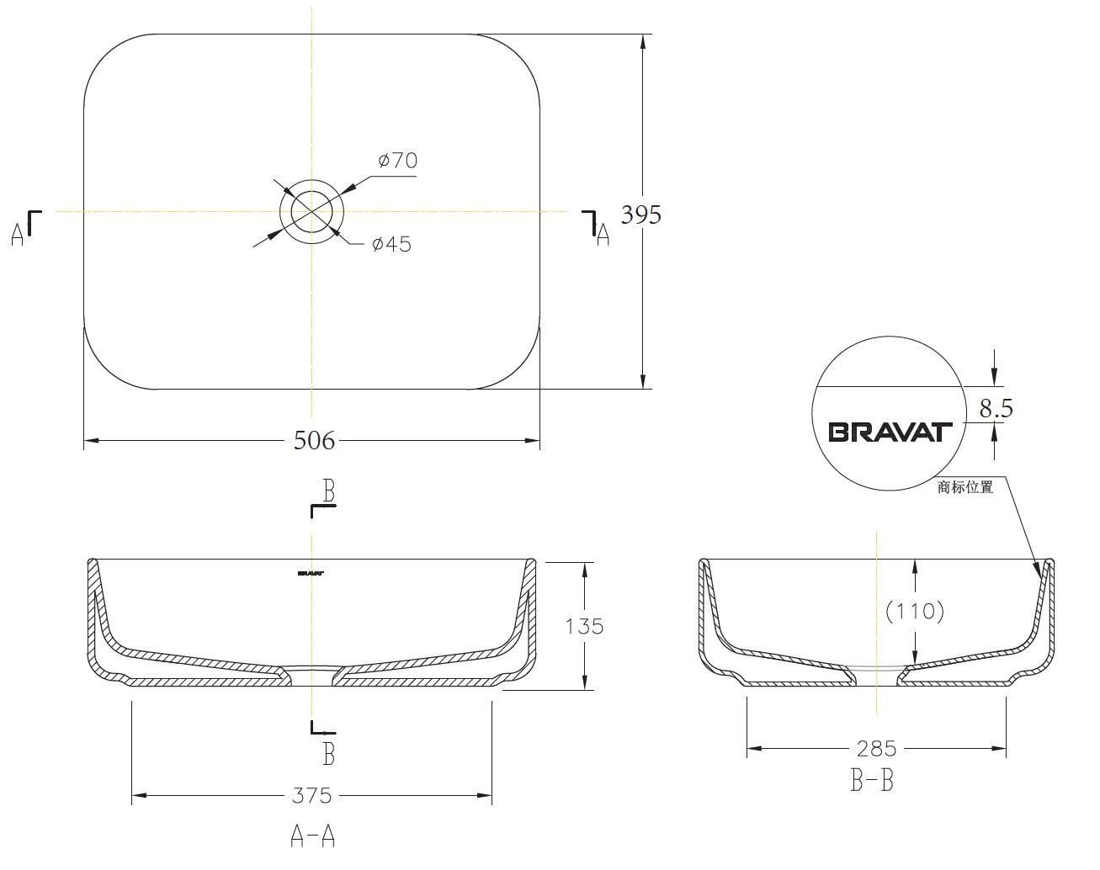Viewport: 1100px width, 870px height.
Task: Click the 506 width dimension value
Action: (314, 440)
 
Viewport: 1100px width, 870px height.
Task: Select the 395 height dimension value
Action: (640, 215)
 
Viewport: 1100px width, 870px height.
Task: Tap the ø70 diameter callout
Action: (397, 160)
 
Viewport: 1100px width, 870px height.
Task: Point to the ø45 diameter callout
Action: (391, 244)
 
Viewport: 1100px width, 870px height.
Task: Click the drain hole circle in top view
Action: (312, 210)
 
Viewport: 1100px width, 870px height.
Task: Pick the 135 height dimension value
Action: (584, 626)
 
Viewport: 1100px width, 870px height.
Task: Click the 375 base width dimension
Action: (312, 795)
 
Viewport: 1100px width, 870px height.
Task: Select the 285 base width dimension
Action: (876, 748)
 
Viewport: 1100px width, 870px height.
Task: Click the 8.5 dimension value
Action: (996, 409)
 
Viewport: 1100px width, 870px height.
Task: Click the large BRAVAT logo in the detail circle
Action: (890, 432)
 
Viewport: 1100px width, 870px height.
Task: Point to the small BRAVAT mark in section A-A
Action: (311, 575)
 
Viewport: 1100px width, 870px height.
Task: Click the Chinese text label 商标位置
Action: (965, 487)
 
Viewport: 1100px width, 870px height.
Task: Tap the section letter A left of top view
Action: (18, 235)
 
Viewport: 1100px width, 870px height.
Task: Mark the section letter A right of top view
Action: (602, 235)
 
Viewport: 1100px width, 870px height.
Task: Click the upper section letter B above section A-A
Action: (329, 491)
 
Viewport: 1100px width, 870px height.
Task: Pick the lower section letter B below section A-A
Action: (329, 754)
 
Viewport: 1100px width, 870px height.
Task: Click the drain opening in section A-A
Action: (312, 672)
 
